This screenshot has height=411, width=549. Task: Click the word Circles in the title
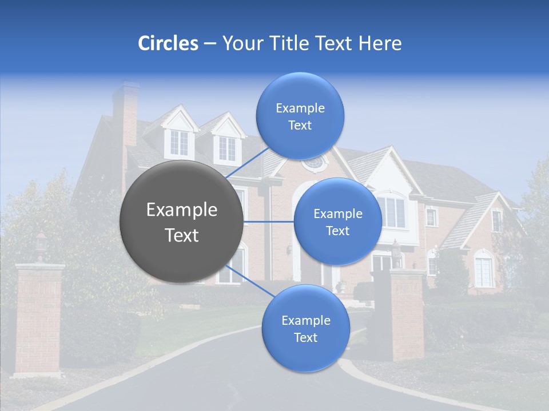[168, 43]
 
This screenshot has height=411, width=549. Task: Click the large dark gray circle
[182, 222]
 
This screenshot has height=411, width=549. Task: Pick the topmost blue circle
[300, 116]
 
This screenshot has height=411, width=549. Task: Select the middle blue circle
[337, 221]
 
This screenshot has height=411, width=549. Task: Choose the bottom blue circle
[305, 328]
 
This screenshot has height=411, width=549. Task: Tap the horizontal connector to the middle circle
[269, 221]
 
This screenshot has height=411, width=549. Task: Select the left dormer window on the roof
[179, 142]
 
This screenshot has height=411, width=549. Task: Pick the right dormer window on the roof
[226, 148]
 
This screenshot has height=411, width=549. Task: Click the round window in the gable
[313, 163]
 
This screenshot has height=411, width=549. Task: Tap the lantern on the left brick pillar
[41, 244]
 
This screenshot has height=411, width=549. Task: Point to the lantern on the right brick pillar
[396, 252]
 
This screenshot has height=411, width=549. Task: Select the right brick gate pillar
[407, 314]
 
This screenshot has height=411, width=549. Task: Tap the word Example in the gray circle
[182, 210]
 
